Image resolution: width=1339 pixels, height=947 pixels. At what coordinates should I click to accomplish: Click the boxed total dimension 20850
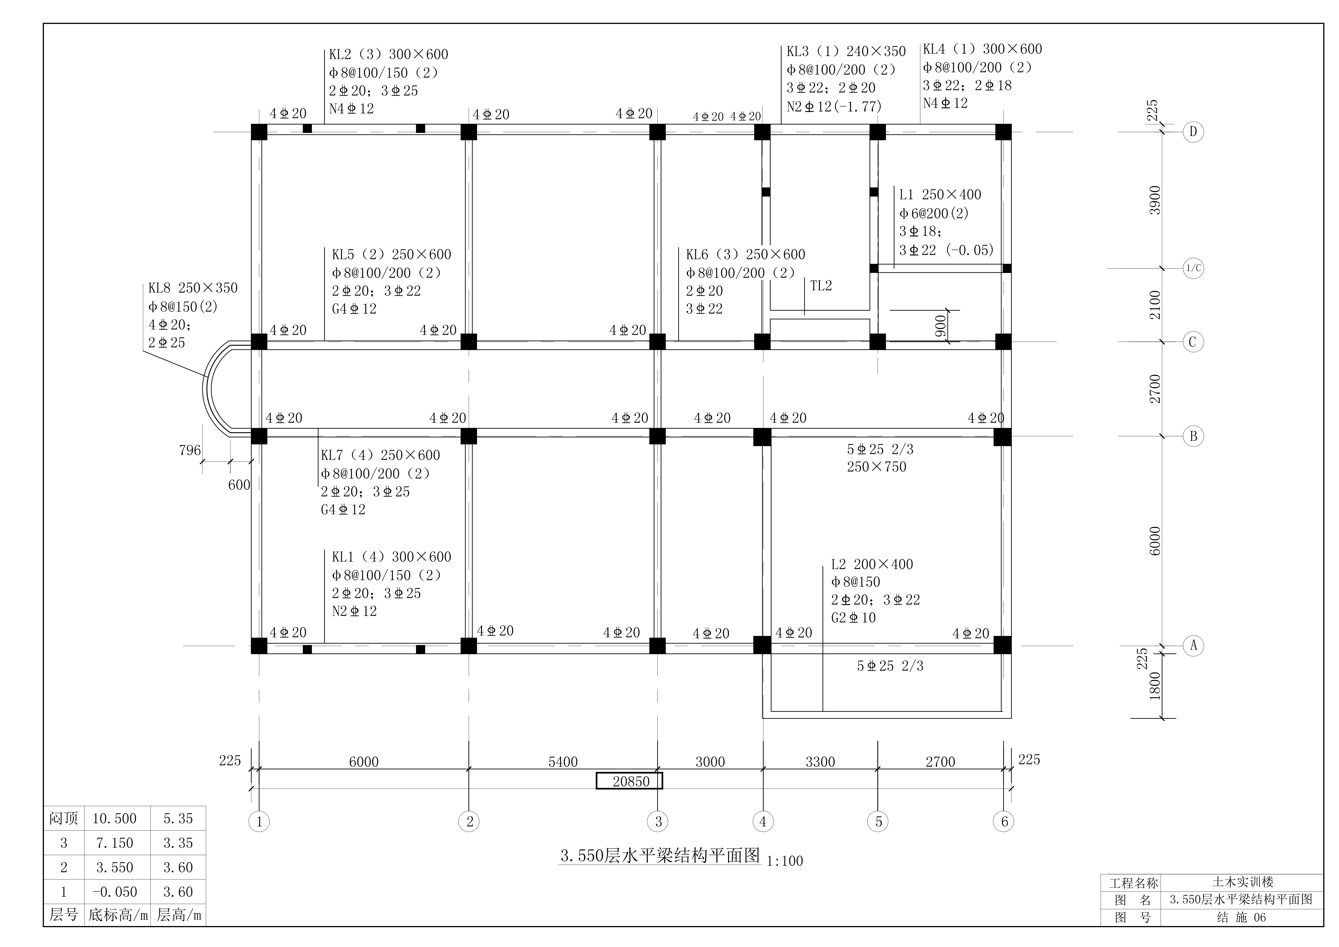[x=629, y=781]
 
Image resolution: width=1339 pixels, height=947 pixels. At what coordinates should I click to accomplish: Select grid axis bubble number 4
[x=763, y=822]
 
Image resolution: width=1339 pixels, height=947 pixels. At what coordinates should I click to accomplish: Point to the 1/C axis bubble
[x=1193, y=269]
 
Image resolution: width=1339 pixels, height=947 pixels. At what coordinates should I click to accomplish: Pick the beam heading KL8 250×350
[x=193, y=288]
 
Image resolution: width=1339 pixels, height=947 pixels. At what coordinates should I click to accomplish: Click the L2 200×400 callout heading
[x=872, y=564]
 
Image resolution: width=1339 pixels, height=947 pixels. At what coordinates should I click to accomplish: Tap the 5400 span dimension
[x=563, y=762]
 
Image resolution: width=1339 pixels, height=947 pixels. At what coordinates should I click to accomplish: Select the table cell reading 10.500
[x=114, y=819]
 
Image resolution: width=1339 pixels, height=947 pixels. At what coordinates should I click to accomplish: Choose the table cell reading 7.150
[x=114, y=843]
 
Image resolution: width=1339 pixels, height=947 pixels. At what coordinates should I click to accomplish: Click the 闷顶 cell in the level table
[x=63, y=819]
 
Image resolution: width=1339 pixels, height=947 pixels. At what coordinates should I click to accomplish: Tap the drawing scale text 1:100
[x=784, y=861]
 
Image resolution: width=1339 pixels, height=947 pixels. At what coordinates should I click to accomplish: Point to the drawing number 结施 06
[x=1242, y=917]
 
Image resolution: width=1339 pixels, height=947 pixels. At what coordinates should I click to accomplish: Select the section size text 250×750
[x=877, y=467]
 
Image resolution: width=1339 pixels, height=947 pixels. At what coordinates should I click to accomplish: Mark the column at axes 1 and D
[x=259, y=132]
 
